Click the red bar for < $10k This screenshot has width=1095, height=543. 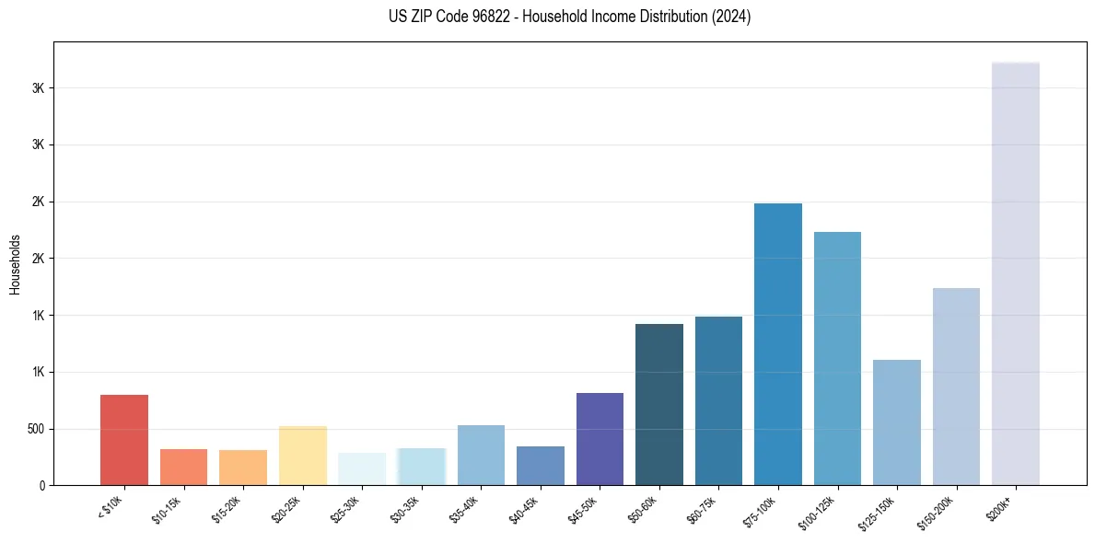124,440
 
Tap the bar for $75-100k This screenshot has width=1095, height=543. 777,344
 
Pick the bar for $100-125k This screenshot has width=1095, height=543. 837,358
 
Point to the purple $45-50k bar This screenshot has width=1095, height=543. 600,439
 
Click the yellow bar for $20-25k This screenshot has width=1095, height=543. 303,456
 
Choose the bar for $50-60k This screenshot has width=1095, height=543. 659,404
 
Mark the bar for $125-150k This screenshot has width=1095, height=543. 897,422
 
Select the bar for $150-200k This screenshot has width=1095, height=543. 956,387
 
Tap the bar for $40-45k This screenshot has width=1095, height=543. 541,466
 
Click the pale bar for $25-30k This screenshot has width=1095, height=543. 362,468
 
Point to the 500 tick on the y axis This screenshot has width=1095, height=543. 38,429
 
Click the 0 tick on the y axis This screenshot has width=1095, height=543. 42,485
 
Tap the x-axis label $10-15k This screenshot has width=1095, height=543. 168,509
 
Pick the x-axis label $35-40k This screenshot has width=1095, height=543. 465,509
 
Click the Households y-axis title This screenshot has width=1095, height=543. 15,263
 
